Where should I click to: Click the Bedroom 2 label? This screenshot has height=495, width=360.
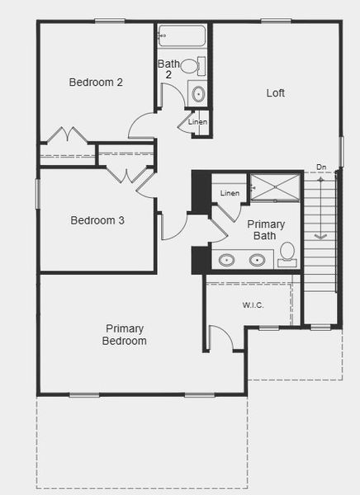pos(96,82)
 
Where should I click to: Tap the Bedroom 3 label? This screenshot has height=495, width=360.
pos(97,220)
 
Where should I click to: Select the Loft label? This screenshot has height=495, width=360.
pos(275,93)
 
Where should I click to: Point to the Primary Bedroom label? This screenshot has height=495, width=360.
pos(125,334)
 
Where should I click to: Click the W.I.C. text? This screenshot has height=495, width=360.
pos(253,305)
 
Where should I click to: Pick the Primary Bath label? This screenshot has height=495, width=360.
pos(266,230)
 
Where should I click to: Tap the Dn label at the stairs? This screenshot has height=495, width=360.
pos(321,167)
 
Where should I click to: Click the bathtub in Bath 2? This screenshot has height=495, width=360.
pos(182,37)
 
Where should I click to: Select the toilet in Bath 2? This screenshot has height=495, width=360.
pos(192,66)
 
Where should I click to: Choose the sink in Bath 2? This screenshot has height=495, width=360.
pos(198,94)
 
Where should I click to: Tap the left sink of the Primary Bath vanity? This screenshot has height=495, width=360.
pos(226,261)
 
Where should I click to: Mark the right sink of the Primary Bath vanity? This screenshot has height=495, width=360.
pos(257,261)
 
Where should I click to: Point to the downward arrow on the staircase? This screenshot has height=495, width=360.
pos(321,214)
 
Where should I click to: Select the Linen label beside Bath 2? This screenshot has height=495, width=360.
pos(198,122)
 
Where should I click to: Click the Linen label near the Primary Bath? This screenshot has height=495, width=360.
pos(230,193)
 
